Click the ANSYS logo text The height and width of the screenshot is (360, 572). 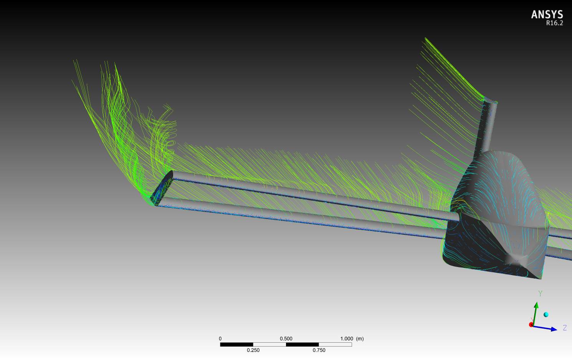click(x=547, y=15)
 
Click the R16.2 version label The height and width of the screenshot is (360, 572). click(x=554, y=23)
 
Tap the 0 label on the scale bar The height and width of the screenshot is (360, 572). click(x=220, y=338)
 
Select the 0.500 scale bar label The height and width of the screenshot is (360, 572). click(x=286, y=338)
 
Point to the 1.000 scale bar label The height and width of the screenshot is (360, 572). click(x=347, y=338)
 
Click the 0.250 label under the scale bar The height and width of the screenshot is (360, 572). click(x=253, y=350)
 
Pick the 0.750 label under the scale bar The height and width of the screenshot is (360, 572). click(x=319, y=350)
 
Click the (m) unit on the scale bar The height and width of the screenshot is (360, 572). click(x=360, y=338)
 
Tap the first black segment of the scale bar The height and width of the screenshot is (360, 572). click(x=236, y=344)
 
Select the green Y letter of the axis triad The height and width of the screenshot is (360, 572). click(x=540, y=294)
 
